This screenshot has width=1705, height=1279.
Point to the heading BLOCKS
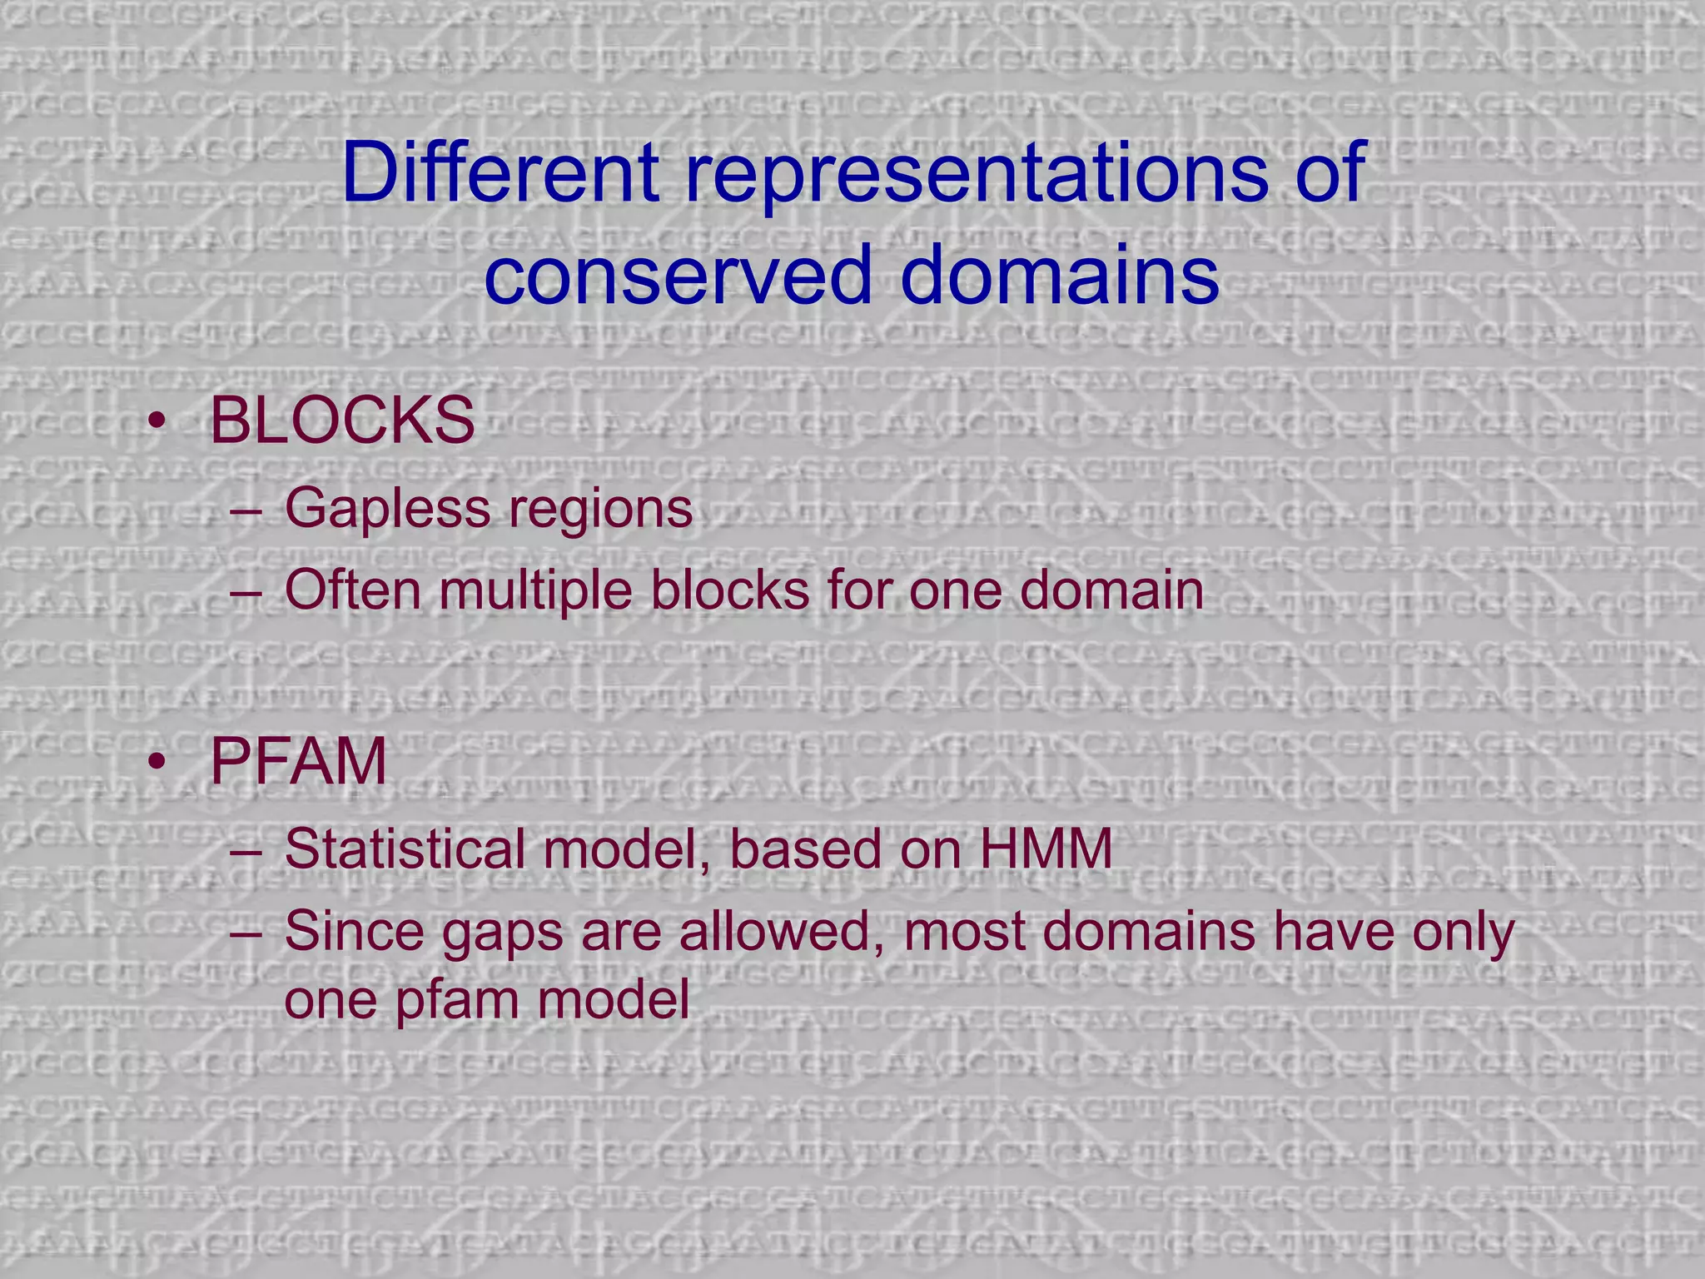tap(342, 421)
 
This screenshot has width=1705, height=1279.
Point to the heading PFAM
tap(298, 762)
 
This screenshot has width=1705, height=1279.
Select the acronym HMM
tap(1046, 850)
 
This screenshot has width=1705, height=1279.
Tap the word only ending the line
tap(1462, 933)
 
